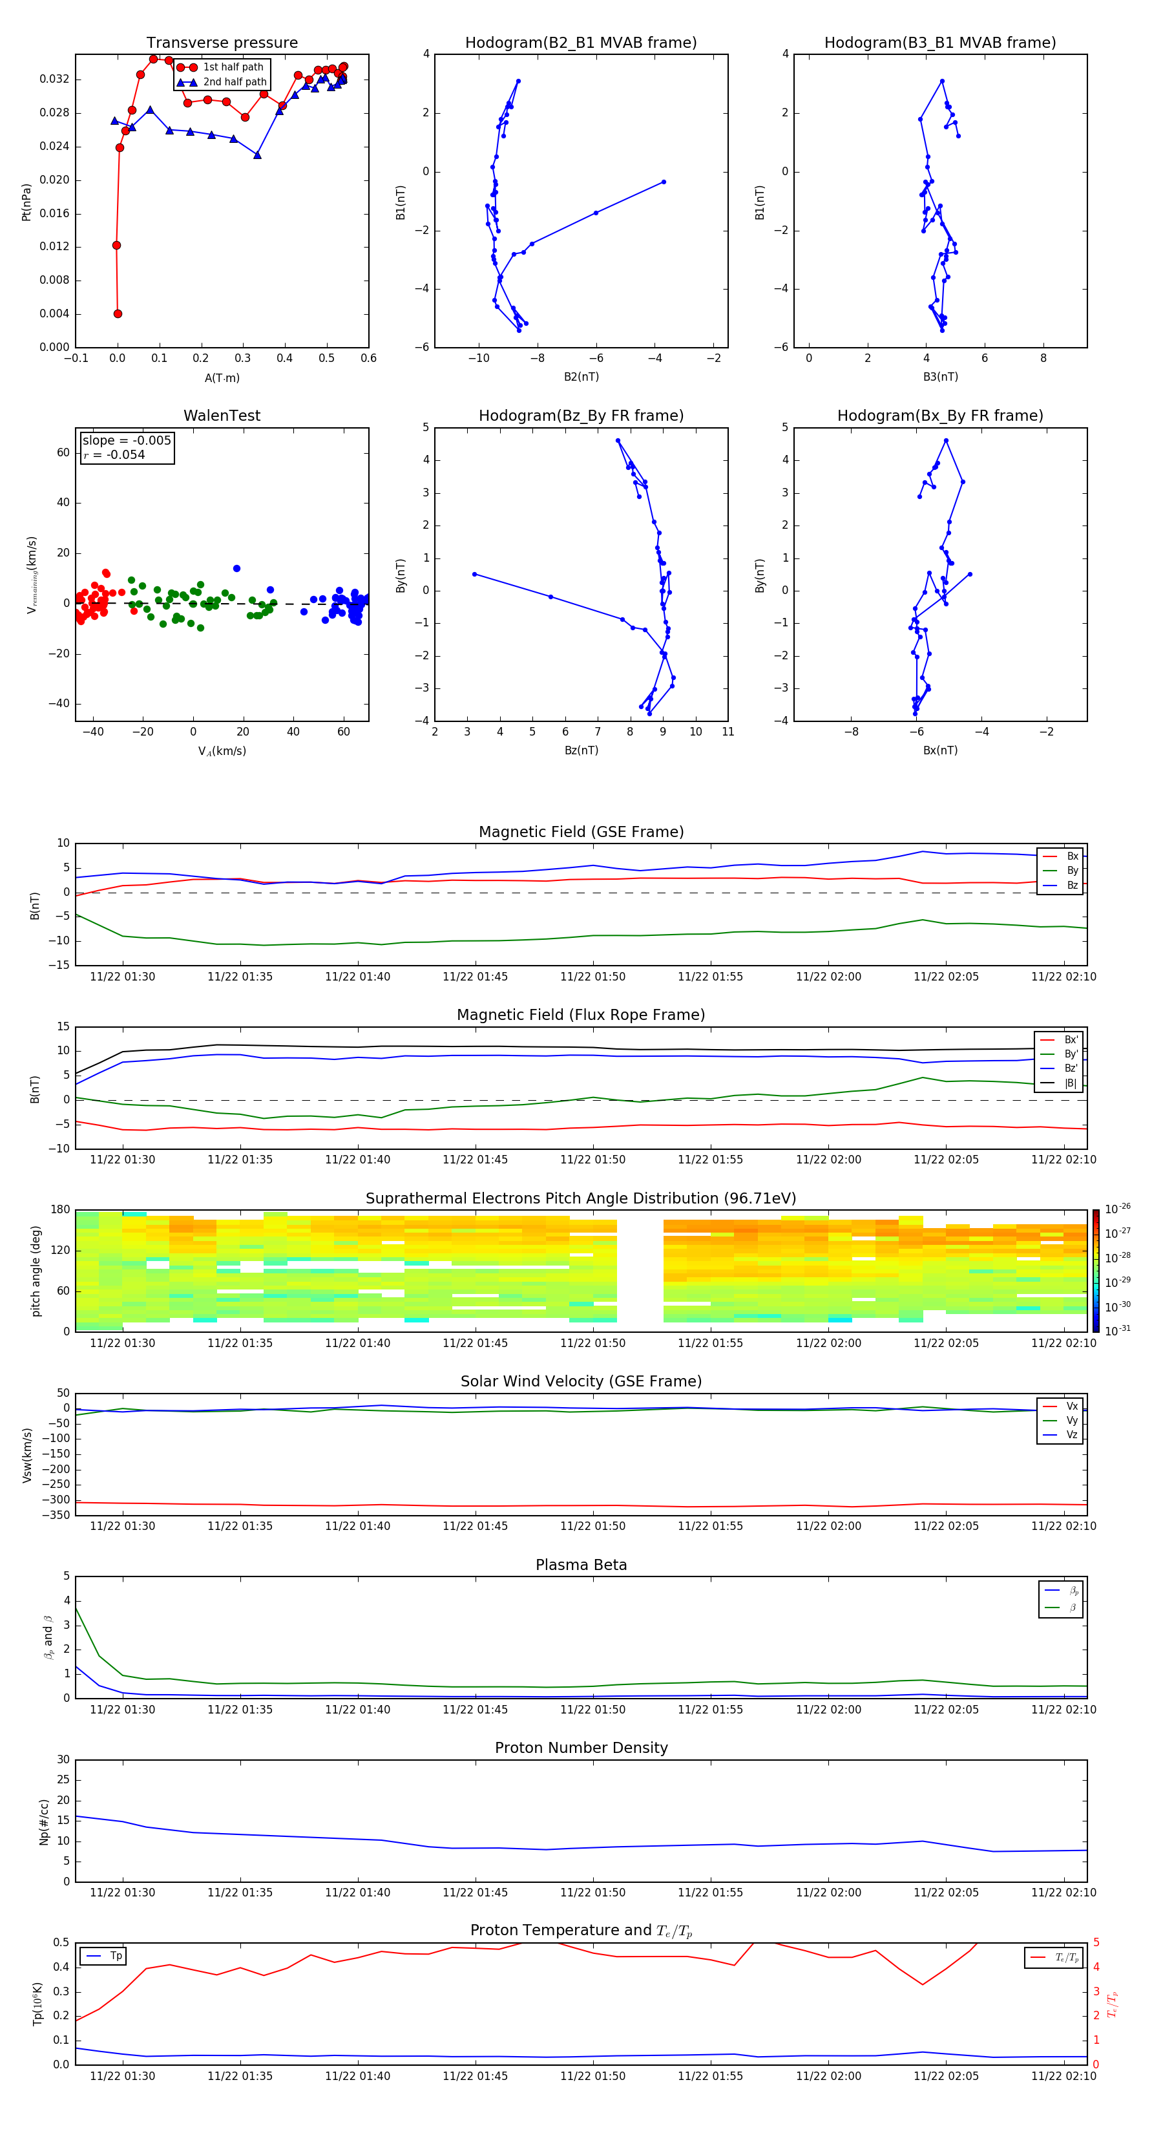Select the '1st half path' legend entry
[233, 67]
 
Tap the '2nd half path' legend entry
[235, 82]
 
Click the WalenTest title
[222, 416]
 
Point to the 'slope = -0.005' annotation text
[127, 441]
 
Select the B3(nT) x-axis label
[940, 377]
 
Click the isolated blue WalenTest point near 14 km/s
[236, 569]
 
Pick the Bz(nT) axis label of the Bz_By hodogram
[581, 750]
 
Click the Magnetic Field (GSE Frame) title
[581, 832]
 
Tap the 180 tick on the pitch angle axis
[61, 1210]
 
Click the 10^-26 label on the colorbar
[1116, 1208]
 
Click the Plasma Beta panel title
[581, 1565]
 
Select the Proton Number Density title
[581, 1748]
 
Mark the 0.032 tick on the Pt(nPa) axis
[55, 80]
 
